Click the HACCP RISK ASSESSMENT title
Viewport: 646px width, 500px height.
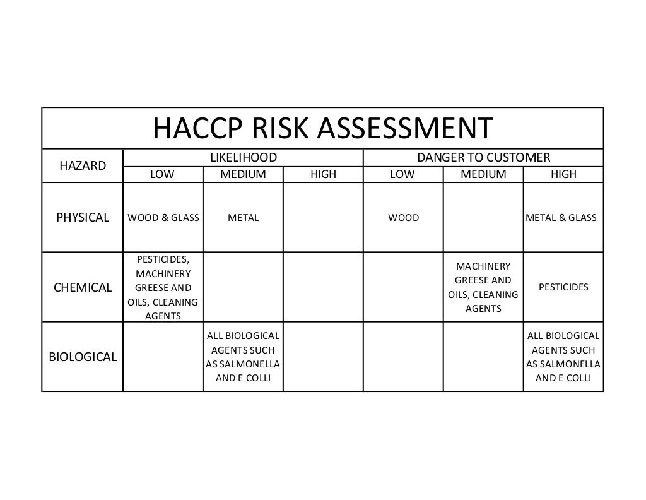point(322,129)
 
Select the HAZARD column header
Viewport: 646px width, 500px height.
point(83,166)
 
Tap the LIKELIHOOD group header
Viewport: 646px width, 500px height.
point(243,157)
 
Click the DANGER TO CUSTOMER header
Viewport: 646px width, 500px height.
point(483,157)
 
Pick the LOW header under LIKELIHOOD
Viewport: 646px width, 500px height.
point(162,174)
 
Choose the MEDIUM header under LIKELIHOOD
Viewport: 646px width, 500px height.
point(243,174)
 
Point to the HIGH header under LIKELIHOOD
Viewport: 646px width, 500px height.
point(324,174)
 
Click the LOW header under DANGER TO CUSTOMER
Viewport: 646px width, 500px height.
point(402,174)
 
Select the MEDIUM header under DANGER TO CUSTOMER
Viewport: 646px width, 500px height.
point(483,174)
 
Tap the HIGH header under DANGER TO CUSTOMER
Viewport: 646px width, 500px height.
point(563,174)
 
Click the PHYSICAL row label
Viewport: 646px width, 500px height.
point(83,218)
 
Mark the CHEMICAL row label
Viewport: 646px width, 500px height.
point(83,288)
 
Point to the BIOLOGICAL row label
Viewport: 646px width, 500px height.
point(83,357)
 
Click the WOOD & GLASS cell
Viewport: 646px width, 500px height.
point(163,218)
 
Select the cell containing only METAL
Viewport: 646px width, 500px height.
point(243,218)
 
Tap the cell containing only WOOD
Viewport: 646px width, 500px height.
point(403,218)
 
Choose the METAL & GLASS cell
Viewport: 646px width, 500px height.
point(561,218)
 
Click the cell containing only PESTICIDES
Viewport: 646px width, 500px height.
point(563,287)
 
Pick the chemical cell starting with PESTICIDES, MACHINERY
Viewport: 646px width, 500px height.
point(163,288)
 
